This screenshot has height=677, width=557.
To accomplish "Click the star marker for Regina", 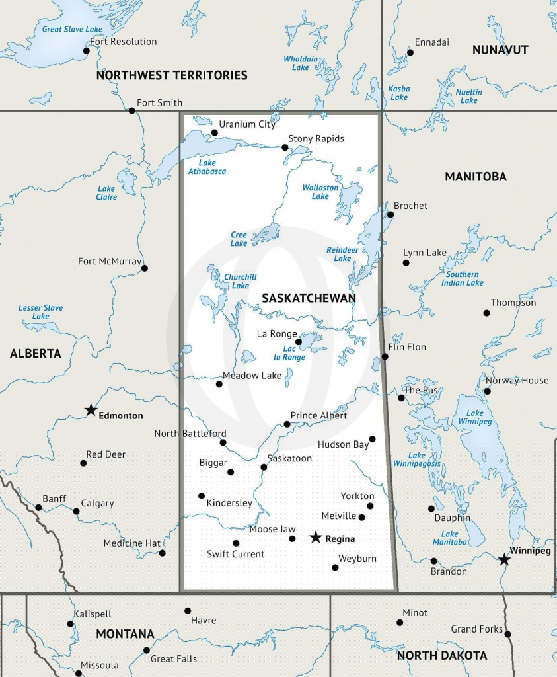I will point(316,538).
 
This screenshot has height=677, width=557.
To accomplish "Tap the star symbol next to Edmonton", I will point(91,411).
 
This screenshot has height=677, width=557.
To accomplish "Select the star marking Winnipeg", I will point(504,559).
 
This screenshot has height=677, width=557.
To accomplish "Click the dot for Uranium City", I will point(214,132).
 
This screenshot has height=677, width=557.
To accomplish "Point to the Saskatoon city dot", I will point(264,467).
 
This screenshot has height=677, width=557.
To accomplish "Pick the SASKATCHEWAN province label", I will point(309,298).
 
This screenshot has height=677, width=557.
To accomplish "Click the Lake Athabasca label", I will point(207,167).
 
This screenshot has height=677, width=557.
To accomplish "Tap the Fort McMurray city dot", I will point(145,268).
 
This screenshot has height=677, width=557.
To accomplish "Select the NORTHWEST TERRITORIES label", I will point(172,75).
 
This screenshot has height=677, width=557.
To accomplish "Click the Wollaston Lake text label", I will point(320,192).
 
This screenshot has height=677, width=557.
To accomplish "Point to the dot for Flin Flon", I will point(385,356).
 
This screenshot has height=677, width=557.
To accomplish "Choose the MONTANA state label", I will point(125,634).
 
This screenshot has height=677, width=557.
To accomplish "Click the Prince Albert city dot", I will point(287,424).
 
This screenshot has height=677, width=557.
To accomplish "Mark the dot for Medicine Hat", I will point(163,553).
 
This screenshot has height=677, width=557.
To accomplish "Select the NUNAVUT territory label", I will point(500,50).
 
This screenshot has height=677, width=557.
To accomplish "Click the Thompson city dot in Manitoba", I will point(487,313).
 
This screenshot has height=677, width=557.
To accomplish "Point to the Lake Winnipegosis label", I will point(417,459).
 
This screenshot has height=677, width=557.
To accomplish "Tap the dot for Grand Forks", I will point(507,634).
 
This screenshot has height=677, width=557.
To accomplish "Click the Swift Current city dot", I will point(236,543).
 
